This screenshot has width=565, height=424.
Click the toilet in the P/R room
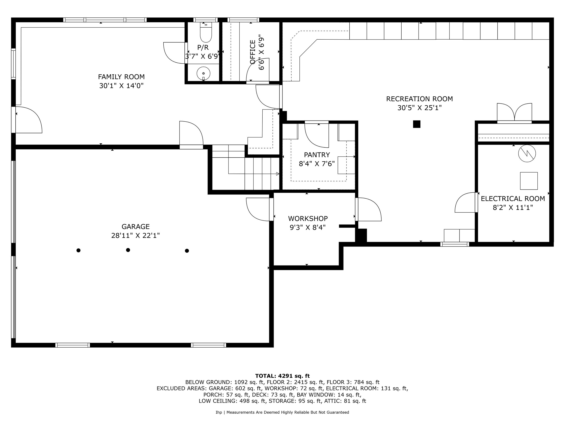pos(206,33)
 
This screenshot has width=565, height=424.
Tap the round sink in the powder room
pos(203,73)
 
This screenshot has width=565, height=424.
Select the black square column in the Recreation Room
pos(417,124)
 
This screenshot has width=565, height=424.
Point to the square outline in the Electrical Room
pos(529,181)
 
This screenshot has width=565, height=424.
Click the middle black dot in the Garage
pos(128,250)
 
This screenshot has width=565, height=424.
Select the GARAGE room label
pos(135,226)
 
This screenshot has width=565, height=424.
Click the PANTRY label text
pos(317,155)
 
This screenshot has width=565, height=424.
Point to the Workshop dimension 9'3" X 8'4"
pos(308,227)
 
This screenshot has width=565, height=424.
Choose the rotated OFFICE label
pos(252,52)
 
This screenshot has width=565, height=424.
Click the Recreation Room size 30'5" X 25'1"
pos(419,108)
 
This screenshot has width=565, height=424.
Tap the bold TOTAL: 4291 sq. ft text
pos(282,376)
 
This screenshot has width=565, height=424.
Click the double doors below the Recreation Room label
pos(514,112)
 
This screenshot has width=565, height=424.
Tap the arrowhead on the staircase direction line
pos(278,174)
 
